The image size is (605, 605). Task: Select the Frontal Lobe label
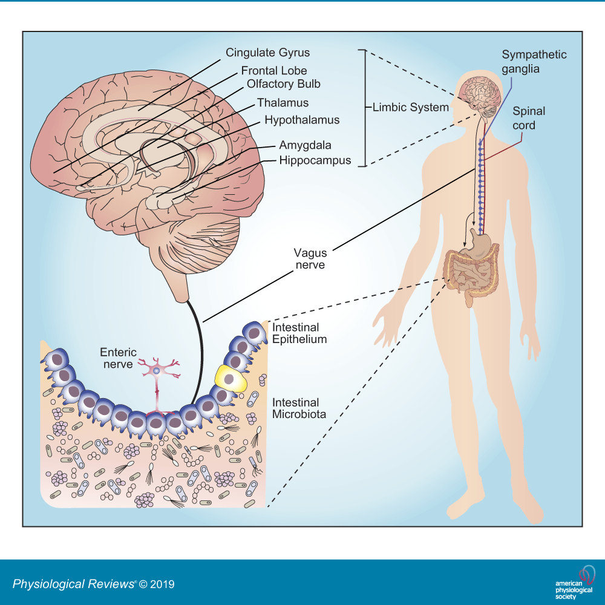(274, 71)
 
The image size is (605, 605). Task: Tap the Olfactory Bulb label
(284, 83)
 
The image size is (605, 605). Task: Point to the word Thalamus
(283, 103)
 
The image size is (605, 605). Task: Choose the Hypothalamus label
(302, 120)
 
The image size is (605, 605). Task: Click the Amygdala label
(305, 146)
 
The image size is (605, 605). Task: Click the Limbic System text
(410, 108)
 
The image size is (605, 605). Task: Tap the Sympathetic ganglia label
(534, 62)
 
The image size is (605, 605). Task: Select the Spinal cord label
(529, 118)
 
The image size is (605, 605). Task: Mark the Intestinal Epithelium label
(299, 333)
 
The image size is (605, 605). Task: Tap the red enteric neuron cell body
(157, 370)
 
